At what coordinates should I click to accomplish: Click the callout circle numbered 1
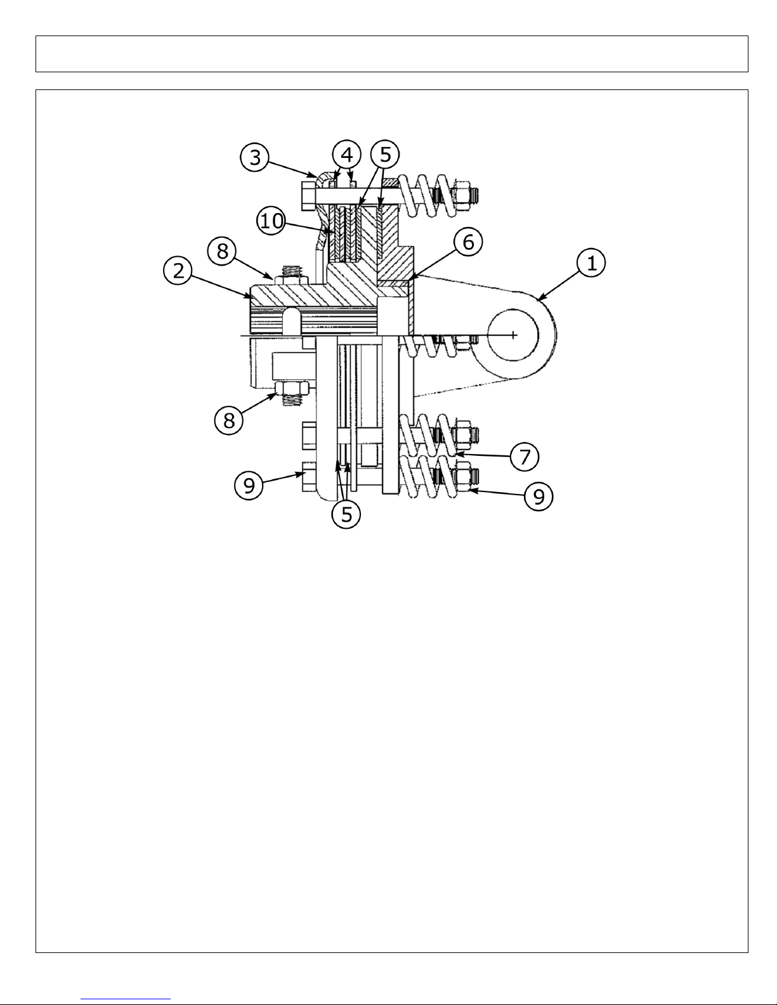coord(591,263)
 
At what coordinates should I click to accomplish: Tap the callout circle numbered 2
coord(178,270)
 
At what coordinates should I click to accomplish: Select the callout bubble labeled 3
coord(255,157)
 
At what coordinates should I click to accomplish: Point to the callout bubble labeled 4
coord(347,155)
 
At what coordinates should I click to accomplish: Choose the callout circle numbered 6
coord(469,242)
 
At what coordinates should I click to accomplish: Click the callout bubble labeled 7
coord(525,457)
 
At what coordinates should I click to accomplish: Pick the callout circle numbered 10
coord(271,221)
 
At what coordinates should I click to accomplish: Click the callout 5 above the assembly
coord(385,155)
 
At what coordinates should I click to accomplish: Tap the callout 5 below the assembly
coord(346,514)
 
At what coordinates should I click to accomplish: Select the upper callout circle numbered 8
coord(223,252)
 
